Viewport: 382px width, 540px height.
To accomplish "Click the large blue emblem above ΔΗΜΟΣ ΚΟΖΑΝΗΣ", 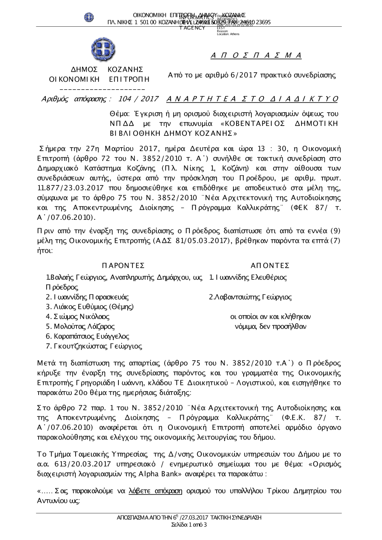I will click(x=103, y=50).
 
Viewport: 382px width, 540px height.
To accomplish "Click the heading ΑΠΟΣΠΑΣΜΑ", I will click(x=256, y=56).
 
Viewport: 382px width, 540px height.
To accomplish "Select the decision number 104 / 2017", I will click(x=139, y=99).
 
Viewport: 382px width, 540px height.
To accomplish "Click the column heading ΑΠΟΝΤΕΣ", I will click(x=270, y=266).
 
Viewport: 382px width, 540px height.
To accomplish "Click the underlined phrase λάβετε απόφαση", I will click(x=156, y=491).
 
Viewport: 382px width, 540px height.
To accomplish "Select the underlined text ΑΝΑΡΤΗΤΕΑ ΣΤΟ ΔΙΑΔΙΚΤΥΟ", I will click(x=253, y=99).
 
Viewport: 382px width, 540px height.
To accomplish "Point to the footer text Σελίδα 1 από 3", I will click(x=190, y=525).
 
